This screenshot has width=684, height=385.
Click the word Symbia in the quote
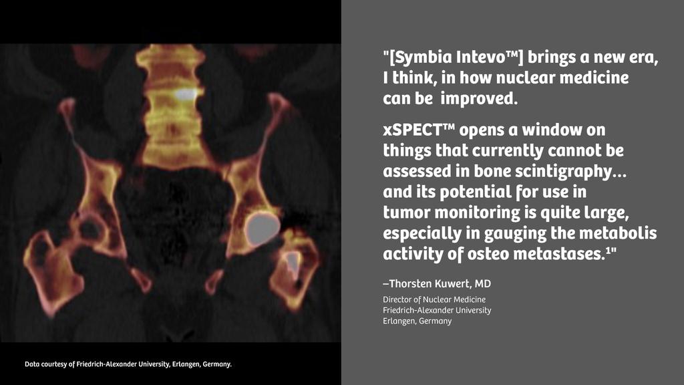point(422,57)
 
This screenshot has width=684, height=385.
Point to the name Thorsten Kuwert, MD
point(437,284)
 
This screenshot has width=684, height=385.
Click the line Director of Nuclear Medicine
point(434,299)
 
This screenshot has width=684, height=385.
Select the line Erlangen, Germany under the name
point(417,321)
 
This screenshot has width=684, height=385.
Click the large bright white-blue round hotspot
point(261,228)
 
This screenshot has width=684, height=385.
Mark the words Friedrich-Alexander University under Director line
point(437,310)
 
